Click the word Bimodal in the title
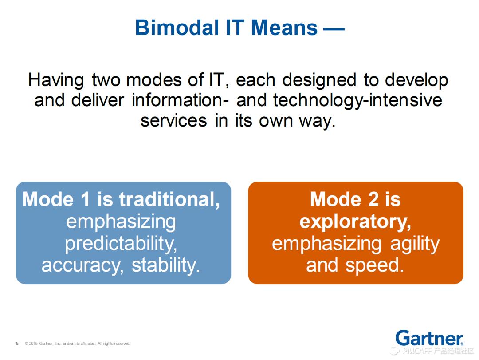177,28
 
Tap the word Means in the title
284,28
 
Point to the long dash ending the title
334,29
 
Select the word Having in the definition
56,81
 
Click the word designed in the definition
319,81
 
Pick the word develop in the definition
416,81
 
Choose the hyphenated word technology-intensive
357,101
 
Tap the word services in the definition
173,120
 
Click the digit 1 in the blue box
85,199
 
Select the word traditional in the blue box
169,199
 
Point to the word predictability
121,244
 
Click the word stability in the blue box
166,265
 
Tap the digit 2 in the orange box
373,199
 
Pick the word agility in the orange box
415,244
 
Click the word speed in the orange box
375,265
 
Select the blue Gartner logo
429,338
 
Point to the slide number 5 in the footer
17,344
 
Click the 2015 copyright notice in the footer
78,344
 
